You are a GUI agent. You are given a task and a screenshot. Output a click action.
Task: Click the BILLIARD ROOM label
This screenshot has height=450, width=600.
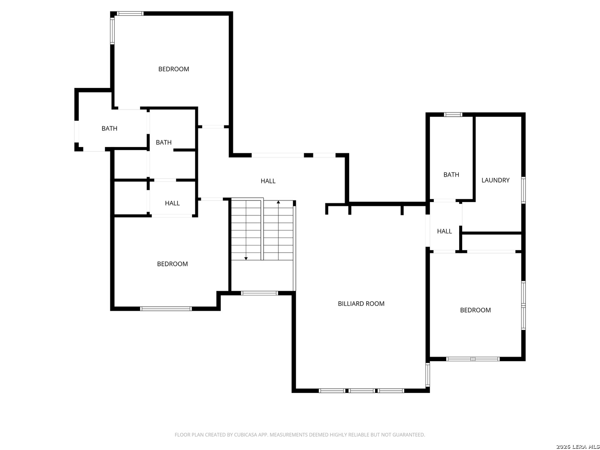coord(361,304)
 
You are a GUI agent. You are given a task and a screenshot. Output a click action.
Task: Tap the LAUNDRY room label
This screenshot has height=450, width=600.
coord(495,180)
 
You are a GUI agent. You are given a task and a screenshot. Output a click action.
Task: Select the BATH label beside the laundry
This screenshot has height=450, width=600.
coord(451,175)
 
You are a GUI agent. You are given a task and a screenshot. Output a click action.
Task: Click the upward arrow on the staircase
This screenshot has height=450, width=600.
coord(278,202)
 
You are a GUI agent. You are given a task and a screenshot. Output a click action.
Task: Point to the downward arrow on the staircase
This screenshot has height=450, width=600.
coord(246,258)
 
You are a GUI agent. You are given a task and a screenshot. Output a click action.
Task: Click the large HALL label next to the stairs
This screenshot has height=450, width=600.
coord(268,181)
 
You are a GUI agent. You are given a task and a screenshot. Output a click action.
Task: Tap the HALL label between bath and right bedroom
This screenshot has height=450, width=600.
coord(444,231)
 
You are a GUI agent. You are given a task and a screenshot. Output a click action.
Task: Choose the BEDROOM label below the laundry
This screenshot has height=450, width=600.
coord(475,310)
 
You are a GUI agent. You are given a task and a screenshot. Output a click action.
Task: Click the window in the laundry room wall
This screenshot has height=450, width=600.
coord(523,190)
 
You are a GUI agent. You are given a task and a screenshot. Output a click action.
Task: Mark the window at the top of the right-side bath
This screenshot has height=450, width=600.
coord(453,115)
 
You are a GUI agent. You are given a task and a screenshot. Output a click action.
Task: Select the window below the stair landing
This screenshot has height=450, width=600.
coord(260,293)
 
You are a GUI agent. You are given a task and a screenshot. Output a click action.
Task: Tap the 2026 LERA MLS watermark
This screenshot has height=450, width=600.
coord(577,447)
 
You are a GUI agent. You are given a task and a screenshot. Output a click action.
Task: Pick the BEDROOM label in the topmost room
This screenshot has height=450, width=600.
coord(173,69)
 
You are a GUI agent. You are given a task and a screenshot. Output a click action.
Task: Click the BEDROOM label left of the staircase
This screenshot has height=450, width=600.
coord(172,264)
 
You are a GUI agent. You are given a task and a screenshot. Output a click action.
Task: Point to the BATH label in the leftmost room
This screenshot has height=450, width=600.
coord(109,128)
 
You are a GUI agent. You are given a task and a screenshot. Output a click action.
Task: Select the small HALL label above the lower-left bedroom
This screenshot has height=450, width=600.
coord(172,203)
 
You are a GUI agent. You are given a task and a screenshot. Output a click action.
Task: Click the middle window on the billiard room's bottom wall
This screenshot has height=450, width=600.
coord(361,390)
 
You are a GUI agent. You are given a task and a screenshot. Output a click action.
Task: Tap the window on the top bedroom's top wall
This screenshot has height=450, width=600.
coord(130,14)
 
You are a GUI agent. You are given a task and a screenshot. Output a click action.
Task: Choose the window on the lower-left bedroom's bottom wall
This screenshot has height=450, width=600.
coord(166,309)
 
